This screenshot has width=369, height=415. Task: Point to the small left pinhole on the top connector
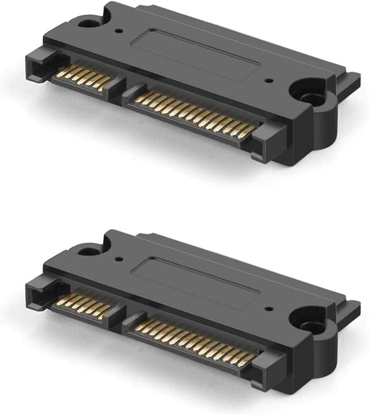point(118,31)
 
